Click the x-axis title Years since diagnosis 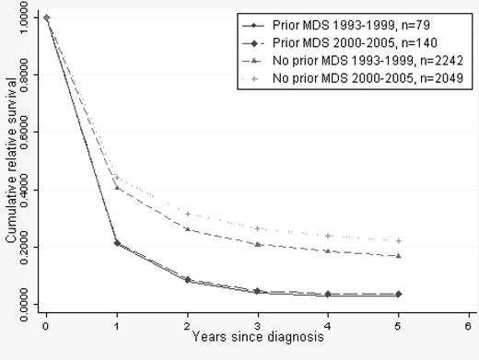click(257, 337)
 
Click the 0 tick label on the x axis click(46, 325)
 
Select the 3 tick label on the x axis click(257, 325)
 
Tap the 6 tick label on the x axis click(468, 325)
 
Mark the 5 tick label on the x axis click(398, 325)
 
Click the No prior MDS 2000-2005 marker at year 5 click(398, 240)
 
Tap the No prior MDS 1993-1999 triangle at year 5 click(398, 255)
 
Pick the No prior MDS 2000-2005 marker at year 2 click(187, 214)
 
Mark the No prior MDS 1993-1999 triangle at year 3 click(257, 244)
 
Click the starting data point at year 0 click(46, 17)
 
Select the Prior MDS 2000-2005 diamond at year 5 click(398, 294)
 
